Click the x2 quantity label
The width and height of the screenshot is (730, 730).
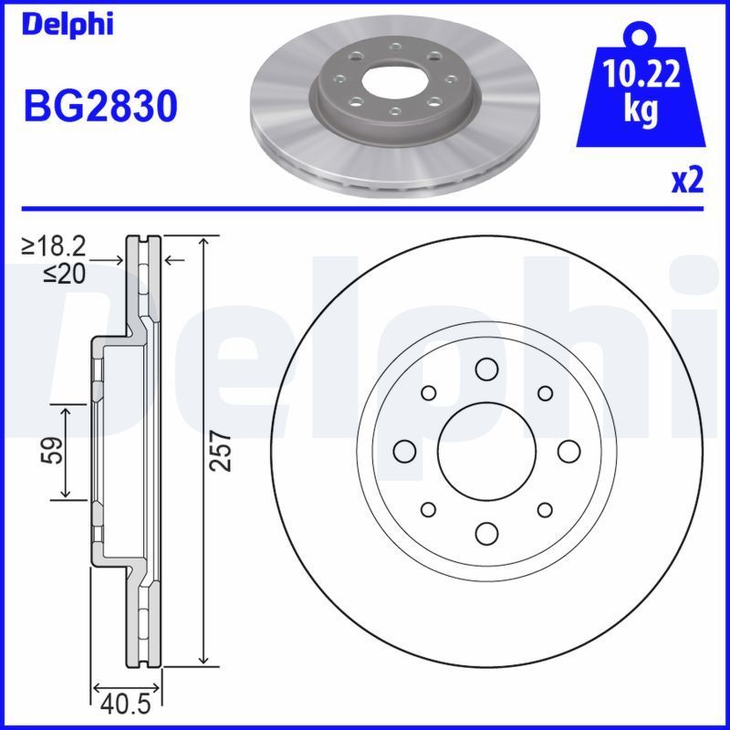(x=687, y=182)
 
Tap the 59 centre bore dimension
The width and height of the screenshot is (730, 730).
(x=54, y=450)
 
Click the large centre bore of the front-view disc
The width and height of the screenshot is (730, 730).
(x=485, y=451)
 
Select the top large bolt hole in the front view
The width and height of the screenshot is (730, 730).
(x=485, y=369)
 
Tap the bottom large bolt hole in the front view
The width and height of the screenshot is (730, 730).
(x=485, y=533)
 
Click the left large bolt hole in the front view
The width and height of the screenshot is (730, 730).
(x=403, y=451)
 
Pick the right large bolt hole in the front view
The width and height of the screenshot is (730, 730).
(x=568, y=451)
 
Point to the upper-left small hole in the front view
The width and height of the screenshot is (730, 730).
(x=427, y=392)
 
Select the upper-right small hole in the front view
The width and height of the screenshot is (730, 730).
(x=545, y=392)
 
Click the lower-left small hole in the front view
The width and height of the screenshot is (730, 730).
(x=427, y=509)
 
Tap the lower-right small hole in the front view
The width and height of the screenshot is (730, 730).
(x=545, y=509)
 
